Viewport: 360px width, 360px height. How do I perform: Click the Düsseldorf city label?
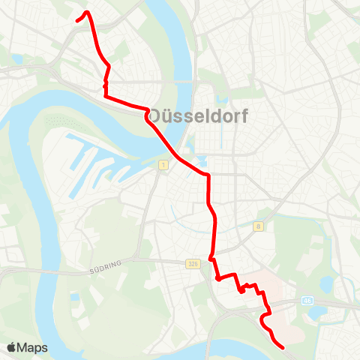pos(199,116)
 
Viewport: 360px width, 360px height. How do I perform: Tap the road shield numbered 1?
pos(161,164)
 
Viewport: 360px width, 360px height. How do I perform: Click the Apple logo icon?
pos(11,347)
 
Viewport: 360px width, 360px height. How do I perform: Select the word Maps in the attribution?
pos(33,347)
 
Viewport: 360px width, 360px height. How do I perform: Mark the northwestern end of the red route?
pos(77,21)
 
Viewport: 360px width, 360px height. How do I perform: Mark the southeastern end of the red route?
pos(283,348)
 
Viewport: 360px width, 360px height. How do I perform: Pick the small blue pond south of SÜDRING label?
pos(75,298)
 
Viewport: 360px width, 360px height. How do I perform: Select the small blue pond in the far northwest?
pos(16,58)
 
